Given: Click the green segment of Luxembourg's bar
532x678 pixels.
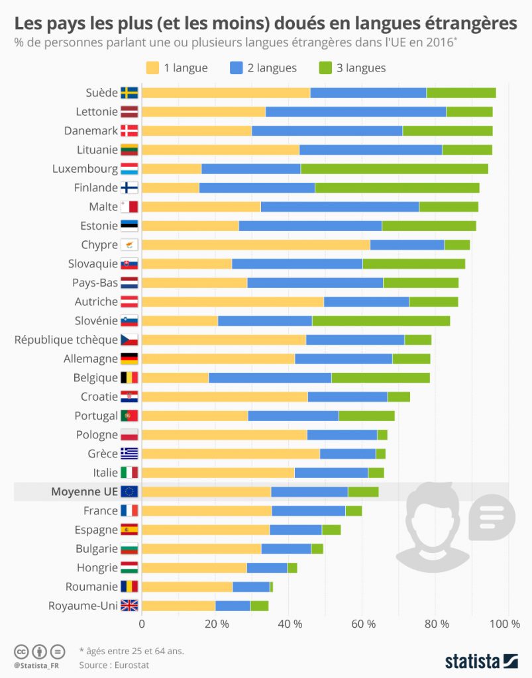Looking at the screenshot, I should click(394, 169).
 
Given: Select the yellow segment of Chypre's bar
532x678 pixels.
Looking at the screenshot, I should click(256, 245).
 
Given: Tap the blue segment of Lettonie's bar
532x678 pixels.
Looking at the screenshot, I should click(356, 112).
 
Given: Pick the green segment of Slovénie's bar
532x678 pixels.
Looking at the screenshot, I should click(381, 321).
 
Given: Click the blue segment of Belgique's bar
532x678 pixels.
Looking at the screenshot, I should click(270, 378).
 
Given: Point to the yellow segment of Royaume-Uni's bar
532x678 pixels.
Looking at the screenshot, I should click(178, 606).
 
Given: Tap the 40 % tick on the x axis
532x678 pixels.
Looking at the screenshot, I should click(290, 624).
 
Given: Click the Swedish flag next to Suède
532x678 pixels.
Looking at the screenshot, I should click(129, 93).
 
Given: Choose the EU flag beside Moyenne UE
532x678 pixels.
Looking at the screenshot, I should click(129, 492).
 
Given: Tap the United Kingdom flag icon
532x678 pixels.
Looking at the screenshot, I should click(129, 606).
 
